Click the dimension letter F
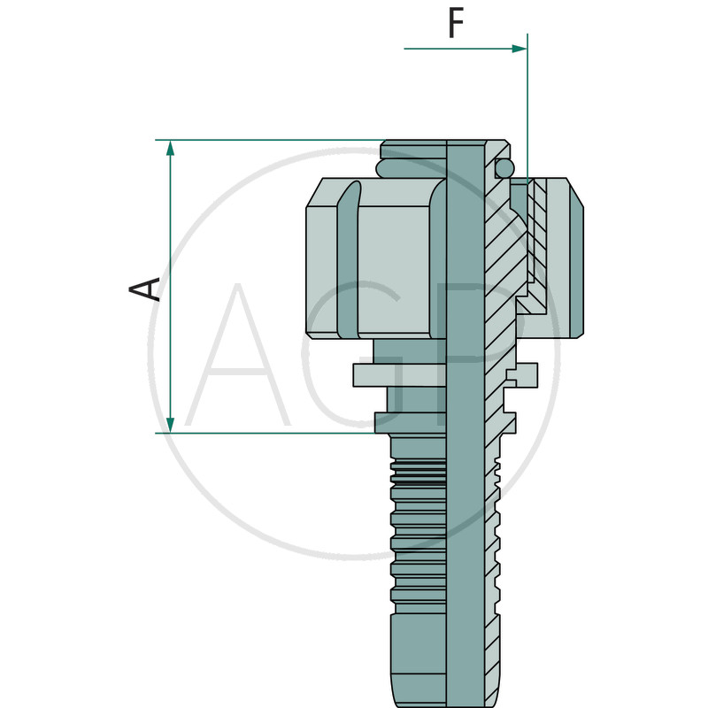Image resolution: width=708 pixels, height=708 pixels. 456,24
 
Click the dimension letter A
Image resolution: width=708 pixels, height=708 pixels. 144,289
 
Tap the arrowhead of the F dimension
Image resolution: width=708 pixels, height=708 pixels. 519,49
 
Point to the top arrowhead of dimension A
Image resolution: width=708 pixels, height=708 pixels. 170,148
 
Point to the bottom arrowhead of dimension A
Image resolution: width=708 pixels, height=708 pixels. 170,425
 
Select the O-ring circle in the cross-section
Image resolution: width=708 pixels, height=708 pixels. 504,168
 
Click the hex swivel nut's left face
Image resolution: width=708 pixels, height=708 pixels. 322,272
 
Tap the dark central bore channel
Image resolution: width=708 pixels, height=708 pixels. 466,425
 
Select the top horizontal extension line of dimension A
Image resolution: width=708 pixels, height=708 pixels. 270,140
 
